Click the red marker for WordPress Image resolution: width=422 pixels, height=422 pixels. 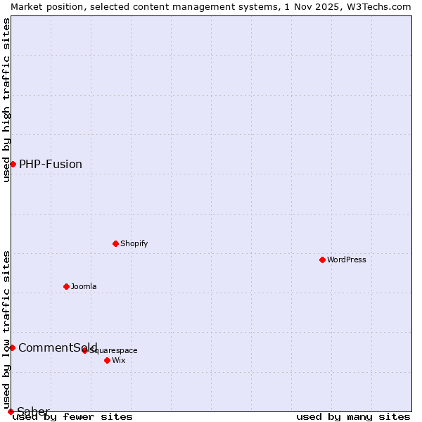(322, 260)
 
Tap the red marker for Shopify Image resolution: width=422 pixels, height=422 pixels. (115, 243)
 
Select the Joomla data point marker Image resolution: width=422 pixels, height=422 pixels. (66, 286)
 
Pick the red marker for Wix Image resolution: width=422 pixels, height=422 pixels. (107, 360)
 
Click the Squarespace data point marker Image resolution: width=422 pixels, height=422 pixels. (84, 350)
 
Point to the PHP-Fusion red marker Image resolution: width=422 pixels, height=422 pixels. (13, 164)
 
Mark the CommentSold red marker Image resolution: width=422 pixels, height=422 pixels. (12, 347)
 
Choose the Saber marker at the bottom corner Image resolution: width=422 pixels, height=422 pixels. (11, 411)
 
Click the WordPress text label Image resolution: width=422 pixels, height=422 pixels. (347, 260)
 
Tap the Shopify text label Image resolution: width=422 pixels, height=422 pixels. (134, 243)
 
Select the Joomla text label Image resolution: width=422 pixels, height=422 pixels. (84, 286)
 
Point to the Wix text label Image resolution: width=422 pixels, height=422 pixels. (118, 360)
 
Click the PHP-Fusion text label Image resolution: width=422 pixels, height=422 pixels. (51, 164)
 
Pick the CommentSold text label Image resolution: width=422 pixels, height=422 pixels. (58, 347)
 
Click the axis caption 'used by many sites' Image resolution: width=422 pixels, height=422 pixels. (353, 416)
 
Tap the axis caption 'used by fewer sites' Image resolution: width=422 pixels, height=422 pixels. (73, 416)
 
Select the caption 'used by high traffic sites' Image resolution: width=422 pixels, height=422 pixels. (6, 100)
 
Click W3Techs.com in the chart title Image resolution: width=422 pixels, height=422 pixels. (377, 6)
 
